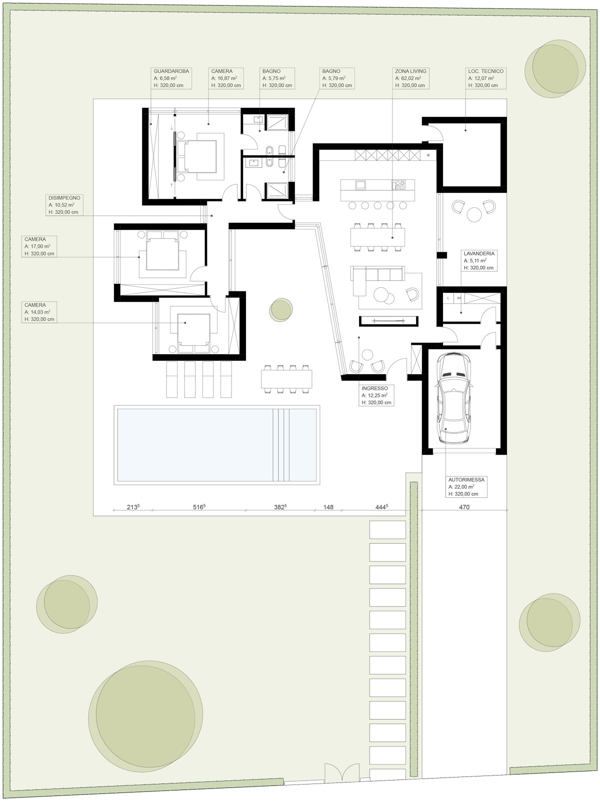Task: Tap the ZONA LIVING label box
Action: click(411, 78)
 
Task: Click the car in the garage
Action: click(454, 398)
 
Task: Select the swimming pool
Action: click(217, 445)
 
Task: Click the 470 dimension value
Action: click(464, 507)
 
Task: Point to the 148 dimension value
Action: click(328, 507)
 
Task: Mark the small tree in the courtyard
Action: click(281, 310)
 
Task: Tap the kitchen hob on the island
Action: click(399, 185)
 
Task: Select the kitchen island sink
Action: click(361, 185)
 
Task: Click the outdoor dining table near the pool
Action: click(286, 379)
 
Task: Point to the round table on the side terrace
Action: click(474, 214)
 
